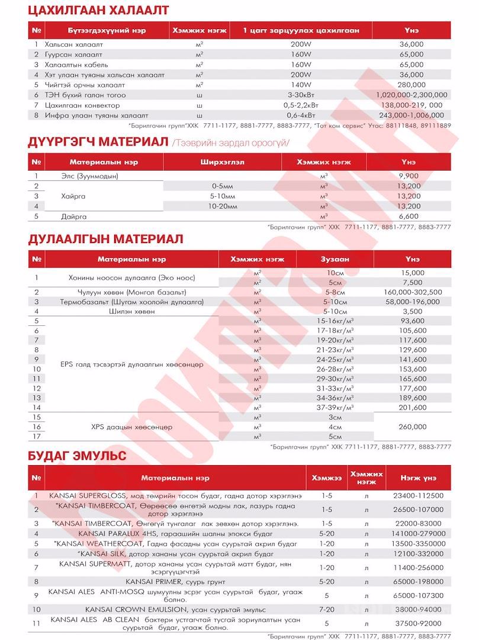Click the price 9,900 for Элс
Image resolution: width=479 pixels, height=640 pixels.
pyautogui.click(x=409, y=176)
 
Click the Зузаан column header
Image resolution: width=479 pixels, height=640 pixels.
pyautogui.click(x=335, y=260)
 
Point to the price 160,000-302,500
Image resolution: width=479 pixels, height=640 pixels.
pyautogui.click(x=413, y=292)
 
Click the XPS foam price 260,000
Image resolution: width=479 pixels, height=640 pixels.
pyautogui.click(x=413, y=427)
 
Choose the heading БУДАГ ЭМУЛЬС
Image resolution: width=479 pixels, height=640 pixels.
pyautogui.click(x=78, y=457)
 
